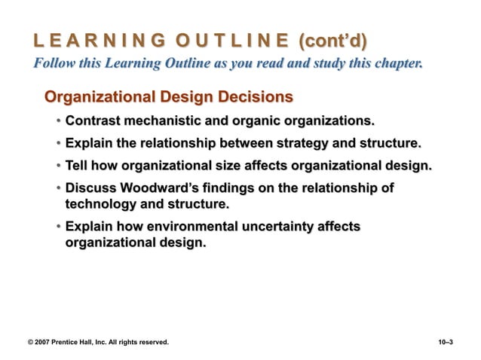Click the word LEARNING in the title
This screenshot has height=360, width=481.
coord(90,38)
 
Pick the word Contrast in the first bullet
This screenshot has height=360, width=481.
coord(96,121)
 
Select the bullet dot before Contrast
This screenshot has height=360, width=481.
coord(58,121)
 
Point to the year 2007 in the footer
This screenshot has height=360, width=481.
coord(47,343)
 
